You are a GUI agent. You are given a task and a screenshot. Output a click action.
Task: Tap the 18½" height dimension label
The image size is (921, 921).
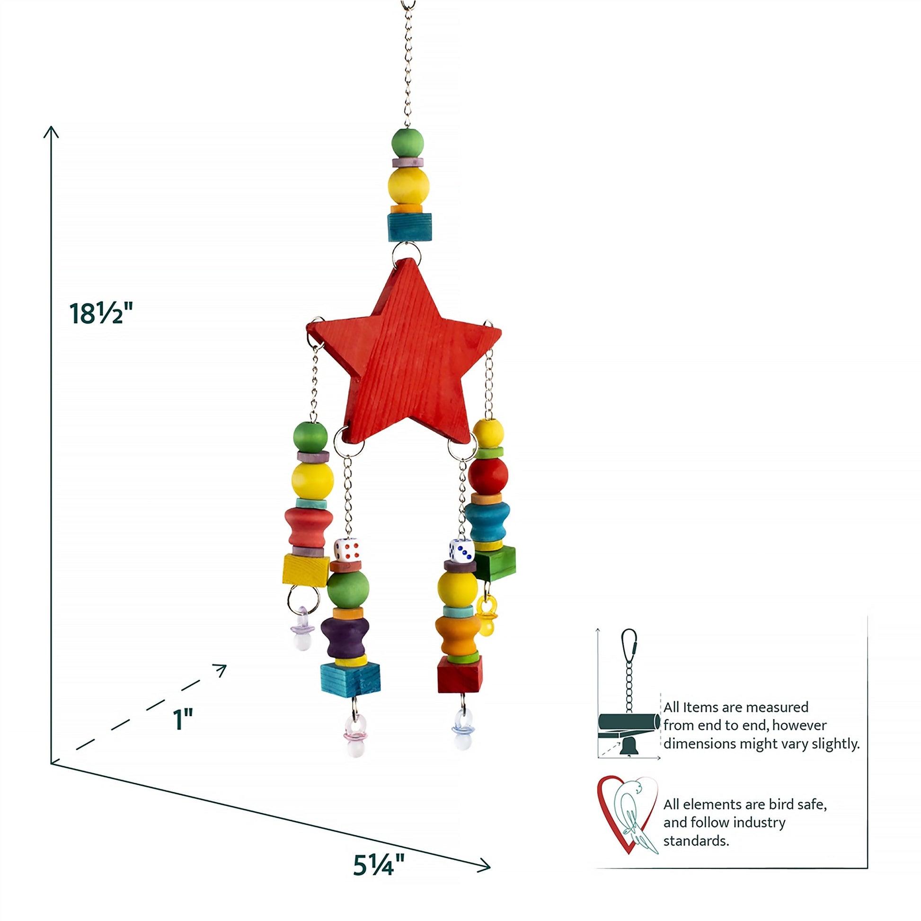(101, 314)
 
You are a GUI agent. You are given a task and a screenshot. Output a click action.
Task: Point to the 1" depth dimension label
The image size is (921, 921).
(183, 719)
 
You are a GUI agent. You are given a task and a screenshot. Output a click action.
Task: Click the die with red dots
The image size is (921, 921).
(346, 549)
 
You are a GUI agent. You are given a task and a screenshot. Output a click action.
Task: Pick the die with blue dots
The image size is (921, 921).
(461, 550)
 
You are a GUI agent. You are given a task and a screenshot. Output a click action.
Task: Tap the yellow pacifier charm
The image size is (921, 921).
(486, 615)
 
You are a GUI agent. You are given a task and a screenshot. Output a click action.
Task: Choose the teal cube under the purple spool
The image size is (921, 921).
(350, 680)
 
